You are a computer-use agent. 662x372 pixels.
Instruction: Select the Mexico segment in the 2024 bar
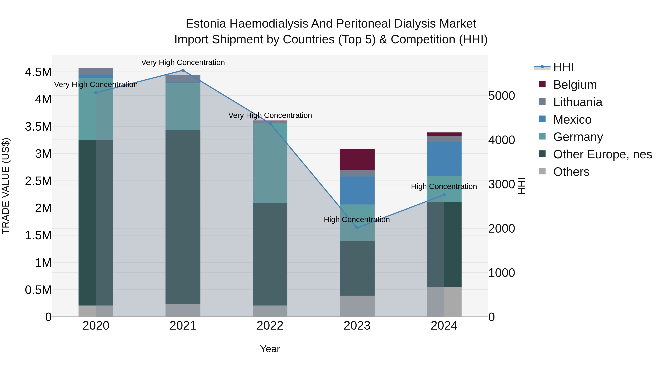point(444,159)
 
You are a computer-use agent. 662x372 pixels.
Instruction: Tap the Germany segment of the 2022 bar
point(270,163)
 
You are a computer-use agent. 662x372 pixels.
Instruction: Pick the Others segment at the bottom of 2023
point(357,306)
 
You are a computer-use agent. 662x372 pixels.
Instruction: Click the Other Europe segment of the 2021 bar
point(183,217)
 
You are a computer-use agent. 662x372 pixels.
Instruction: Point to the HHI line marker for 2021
point(183,70)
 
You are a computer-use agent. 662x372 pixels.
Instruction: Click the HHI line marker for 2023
point(357,228)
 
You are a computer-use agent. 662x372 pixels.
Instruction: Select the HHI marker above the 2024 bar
point(444,195)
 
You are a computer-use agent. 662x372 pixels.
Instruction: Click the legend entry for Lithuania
point(577,102)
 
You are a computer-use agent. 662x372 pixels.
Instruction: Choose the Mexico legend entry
point(572,120)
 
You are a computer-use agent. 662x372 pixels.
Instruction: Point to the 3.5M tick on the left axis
point(38,127)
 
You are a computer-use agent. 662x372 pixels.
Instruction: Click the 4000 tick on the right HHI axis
point(501,140)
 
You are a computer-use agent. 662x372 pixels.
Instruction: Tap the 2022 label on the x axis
point(270,326)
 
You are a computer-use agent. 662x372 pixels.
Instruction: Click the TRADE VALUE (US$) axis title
point(6,186)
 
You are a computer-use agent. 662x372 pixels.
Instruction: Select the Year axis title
point(270,349)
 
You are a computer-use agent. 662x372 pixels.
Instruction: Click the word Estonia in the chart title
point(206,24)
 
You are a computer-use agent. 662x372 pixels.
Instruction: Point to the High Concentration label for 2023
point(357,220)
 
